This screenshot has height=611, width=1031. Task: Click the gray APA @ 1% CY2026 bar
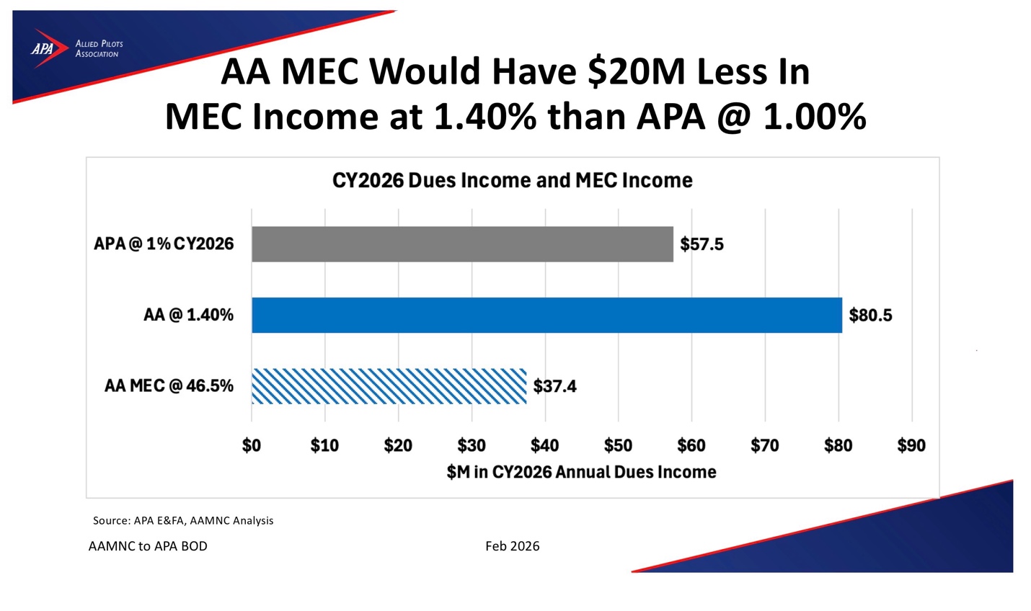tap(462, 244)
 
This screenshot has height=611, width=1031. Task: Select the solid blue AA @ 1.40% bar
tap(547, 315)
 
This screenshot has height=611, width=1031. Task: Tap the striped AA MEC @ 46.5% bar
tap(389, 386)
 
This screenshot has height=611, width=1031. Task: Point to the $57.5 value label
tap(702, 244)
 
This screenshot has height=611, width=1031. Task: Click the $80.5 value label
tap(870, 315)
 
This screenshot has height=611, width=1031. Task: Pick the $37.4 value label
tap(554, 386)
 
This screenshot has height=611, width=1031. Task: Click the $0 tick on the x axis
tap(252, 445)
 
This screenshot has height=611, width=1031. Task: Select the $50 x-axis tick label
tap(618, 445)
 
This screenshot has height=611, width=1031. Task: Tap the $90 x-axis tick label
tap(912, 445)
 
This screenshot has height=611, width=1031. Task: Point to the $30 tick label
tap(472, 445)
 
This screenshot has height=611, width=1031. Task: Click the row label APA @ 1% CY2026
tap(164, 244)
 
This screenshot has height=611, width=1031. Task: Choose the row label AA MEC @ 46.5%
tap(169, 385)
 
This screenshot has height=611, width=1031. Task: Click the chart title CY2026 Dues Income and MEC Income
tap(513, 180)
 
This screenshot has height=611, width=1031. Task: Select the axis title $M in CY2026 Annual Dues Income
tap(581, 472)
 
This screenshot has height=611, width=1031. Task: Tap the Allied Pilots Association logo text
tap(99, 49)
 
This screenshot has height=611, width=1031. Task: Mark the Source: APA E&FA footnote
tap(183, 520)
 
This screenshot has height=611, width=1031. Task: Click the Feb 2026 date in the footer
tap(513, 546)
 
